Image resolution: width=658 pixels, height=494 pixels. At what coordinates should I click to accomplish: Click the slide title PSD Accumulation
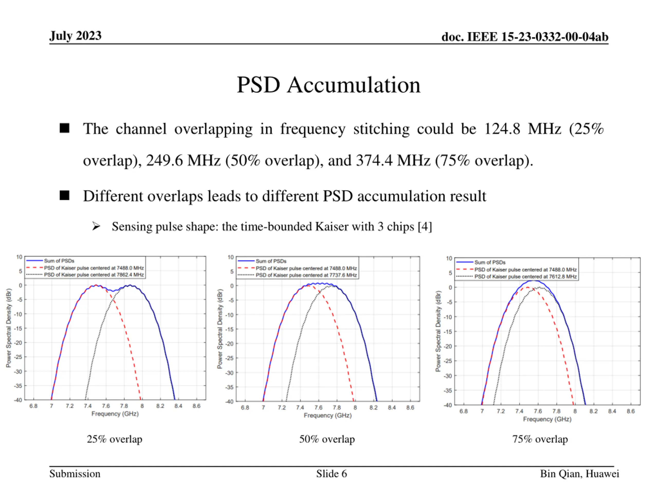pos(328,85)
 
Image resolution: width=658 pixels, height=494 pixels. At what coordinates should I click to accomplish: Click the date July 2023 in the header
pos(75,36)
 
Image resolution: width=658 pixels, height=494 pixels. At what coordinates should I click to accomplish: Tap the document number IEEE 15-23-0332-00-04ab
pos(525,37)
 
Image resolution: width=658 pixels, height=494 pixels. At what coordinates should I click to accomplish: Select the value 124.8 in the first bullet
pos(502,129)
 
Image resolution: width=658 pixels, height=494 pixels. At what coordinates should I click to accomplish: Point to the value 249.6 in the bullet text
pos(164,161)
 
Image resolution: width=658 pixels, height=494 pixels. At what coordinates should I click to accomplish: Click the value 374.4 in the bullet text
pos(374,161)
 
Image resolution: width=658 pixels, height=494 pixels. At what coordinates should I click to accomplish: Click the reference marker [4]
pos(425,227)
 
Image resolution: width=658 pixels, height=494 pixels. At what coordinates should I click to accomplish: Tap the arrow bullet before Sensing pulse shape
pos(96,226)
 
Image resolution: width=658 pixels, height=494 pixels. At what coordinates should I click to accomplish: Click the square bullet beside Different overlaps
pos(65,196)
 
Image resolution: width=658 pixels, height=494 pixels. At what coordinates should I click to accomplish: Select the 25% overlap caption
pos(115,439)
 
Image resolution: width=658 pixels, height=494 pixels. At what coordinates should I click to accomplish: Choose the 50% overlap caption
pos(327,439)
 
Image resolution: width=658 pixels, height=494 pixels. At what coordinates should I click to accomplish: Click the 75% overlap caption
pos(540,439)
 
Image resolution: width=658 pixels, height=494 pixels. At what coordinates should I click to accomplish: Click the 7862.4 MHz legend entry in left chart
pos(94,275)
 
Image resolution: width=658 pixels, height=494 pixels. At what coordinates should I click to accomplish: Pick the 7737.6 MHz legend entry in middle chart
pos(306,275)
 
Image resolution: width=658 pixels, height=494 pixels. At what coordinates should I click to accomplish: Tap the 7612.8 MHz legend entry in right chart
pos(525,277)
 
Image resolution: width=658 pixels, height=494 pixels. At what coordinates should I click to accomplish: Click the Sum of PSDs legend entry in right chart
pos(490,262)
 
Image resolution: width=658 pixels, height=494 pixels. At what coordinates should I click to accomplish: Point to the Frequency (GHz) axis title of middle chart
pos(327,415)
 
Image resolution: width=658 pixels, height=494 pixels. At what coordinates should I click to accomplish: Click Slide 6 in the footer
pos(331,474)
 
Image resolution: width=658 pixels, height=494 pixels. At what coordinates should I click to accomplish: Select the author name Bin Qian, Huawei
pos(579,474)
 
